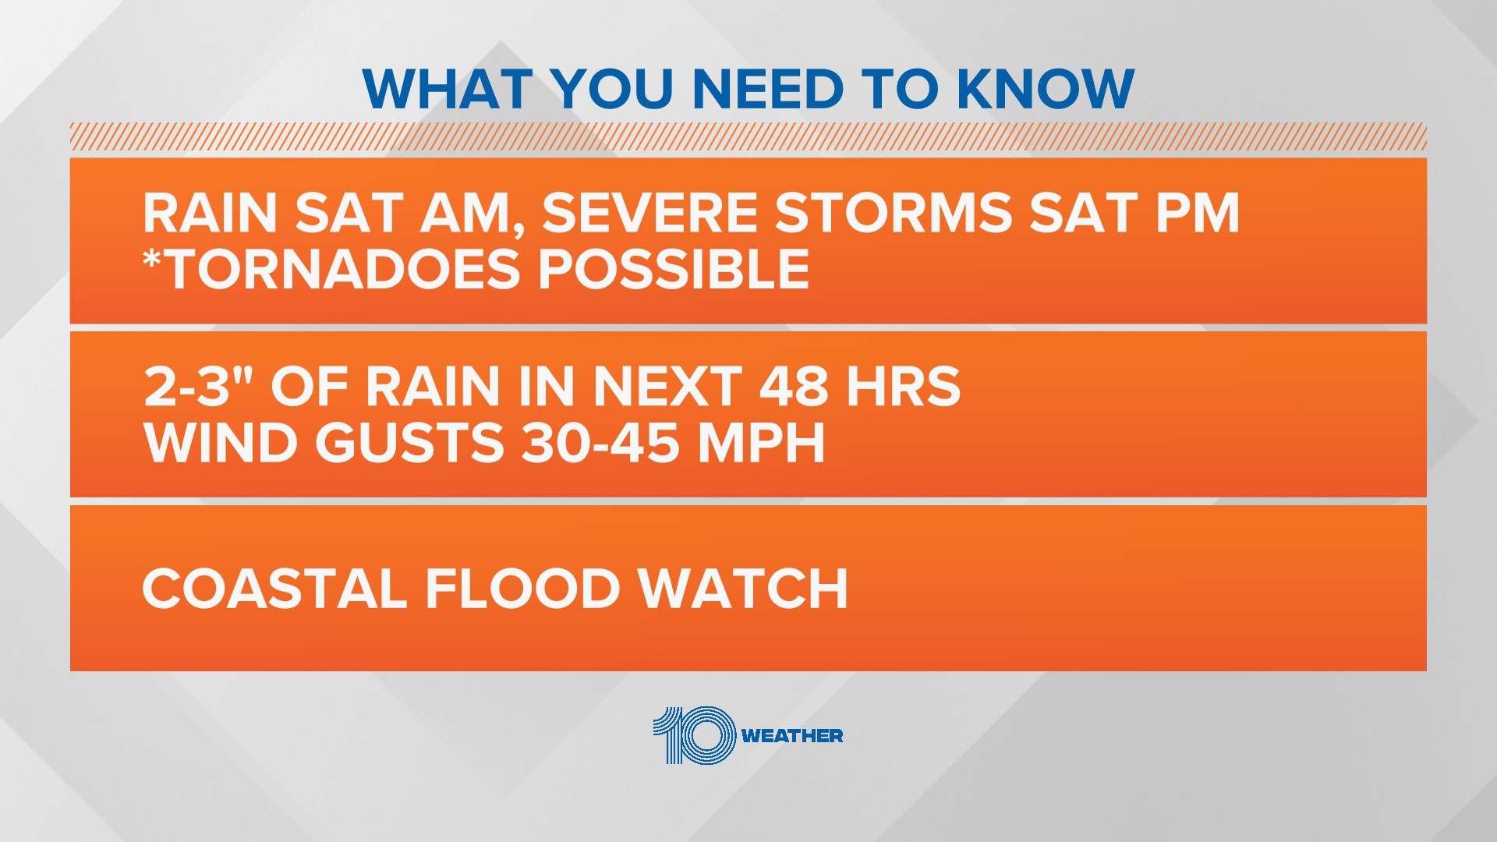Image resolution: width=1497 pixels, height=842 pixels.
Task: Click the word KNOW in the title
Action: pos(1045,89)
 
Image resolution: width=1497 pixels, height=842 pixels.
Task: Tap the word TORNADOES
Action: pos(344,269)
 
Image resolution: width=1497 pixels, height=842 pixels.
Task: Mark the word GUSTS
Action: pos(410,443)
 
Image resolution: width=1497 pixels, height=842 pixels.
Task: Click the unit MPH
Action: pos(761,443)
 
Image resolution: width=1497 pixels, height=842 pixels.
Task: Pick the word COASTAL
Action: pos(274,589)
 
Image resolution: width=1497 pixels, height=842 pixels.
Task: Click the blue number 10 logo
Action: pos(694,735)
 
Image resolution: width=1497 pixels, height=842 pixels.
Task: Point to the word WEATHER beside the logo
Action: pos(792,736)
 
